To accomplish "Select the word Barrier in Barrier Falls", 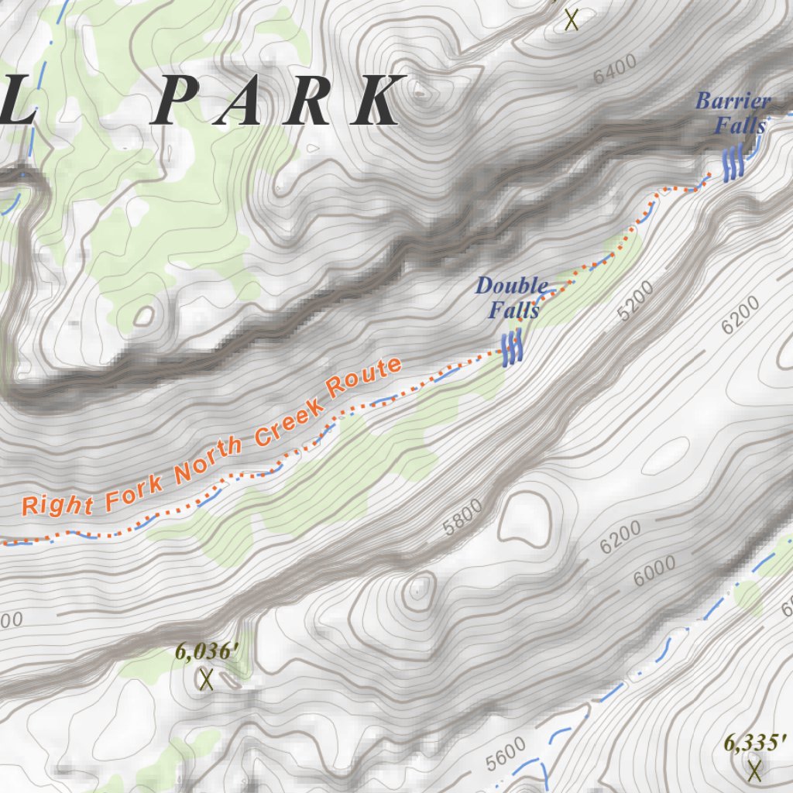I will [733, 101].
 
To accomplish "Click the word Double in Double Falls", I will [511, 286].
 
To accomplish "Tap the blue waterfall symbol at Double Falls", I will [511, 348].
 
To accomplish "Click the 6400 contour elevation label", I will [616, 69].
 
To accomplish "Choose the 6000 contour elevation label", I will [654, 571].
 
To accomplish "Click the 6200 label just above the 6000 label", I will [620, 537].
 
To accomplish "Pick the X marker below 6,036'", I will [206, 680].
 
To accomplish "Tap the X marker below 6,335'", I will [755, 770].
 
